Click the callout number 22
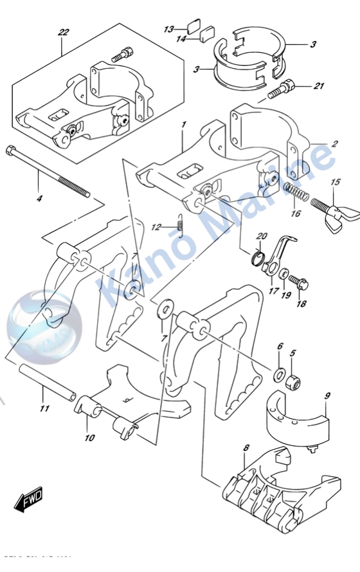pos(62,31)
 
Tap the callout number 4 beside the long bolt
pos(39,199)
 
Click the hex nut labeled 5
pos(292,382)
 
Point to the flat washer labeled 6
pos(280,374)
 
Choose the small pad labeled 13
pos(192,26)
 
